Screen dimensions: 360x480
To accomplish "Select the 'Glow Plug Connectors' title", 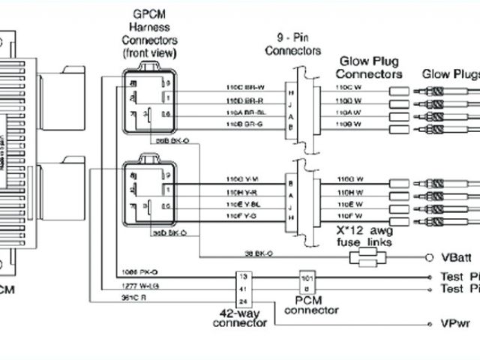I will pyautogui.click(x=369, y=67).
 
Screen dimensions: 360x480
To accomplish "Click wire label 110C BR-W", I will pyautogui.click(x=241, y=87).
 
